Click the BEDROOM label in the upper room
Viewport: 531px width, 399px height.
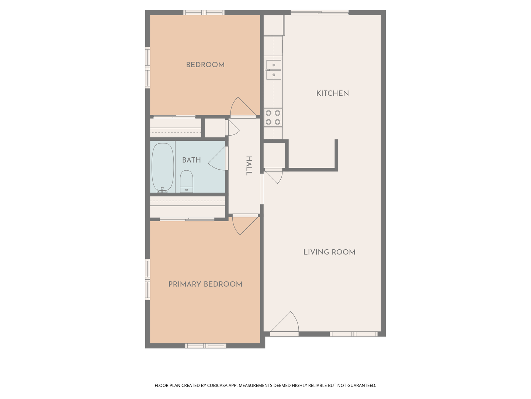click(205, 65)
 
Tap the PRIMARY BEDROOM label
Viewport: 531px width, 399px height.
click(205, 284)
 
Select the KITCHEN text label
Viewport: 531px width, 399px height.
click(332, 93)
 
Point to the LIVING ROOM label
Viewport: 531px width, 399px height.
click(329, 252)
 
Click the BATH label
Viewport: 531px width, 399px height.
click(191, 160)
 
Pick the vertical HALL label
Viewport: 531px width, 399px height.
click(249, 166)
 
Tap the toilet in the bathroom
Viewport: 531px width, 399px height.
click(186, 181)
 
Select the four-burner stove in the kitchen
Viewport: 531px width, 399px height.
click(273, 117)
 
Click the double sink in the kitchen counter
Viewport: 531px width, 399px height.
click(274, 70)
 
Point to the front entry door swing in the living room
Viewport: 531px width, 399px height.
click(284, 322)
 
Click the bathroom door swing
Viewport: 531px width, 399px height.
click(217, 158)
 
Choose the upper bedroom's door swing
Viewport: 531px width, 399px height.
click(243, 107)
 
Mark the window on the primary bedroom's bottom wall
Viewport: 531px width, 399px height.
click(206, 346)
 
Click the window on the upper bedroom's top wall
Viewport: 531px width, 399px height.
click(204, 13)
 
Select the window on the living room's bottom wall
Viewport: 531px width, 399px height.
click(354, 334)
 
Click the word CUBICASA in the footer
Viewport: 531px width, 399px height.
click(218, 385)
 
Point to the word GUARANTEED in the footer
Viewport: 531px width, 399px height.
click(362, 385)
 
